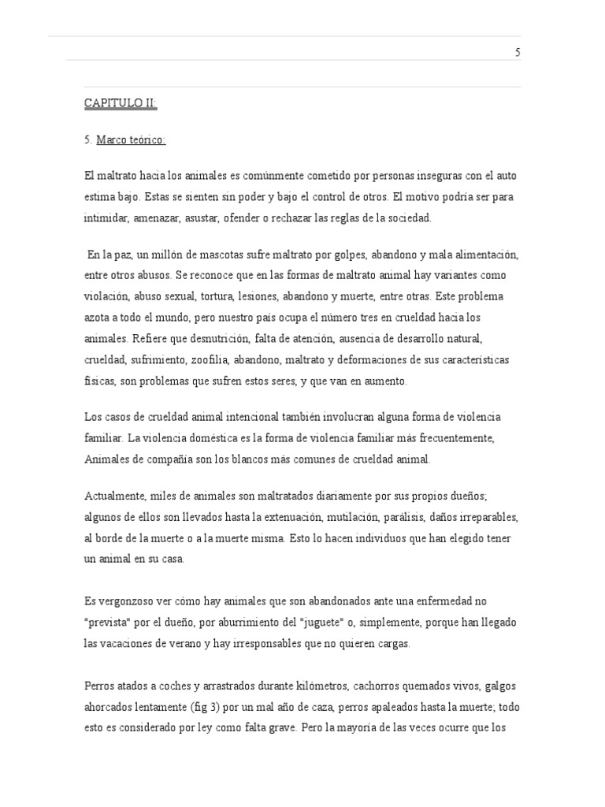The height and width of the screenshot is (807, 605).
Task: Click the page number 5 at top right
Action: (518, 53)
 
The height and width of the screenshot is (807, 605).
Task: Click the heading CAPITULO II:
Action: (121, 103)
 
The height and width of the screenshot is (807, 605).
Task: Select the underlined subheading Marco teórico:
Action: (131, 140)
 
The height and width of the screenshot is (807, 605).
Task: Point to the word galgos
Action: (496, 686)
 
